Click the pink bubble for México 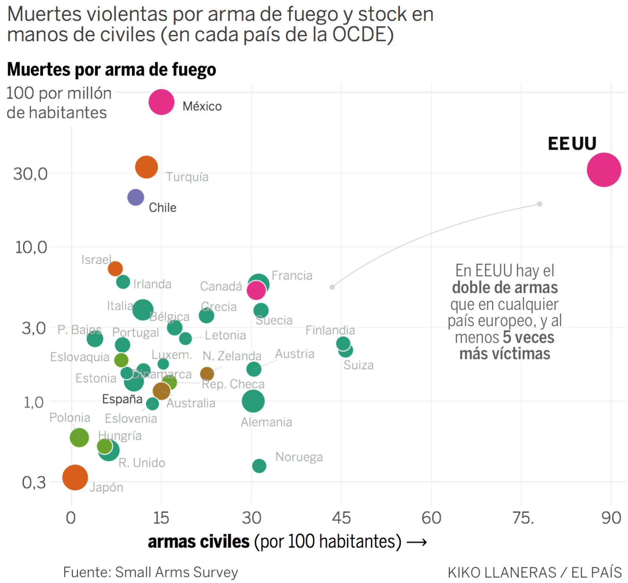click(x=161, y=102)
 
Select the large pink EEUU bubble click(x=604, y=170)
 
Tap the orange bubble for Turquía click(x=146, y=167)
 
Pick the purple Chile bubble click(x=136, y=197)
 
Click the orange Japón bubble click(x=75, y=477)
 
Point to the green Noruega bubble click(x=259, y=466)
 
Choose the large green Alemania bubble click(x=253, y=401)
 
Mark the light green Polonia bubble click(x=79, y=437)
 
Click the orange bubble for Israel click(x=115, y=268)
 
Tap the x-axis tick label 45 click(x=341, y=518)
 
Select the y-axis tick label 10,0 click(x=31, y=247)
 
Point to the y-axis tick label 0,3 click(x=34, y=482)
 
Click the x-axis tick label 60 click(x=431, y=518)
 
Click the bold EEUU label click(x=572, y=143)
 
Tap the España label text click(x=122, y=399)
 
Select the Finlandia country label click(x=330, y=330)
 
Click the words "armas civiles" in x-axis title click(x=199, y=542)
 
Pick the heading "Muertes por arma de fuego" click(x=112, y=69)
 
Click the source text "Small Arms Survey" click(x=177, y=572)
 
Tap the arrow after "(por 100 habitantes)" click(x=417, y=543)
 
